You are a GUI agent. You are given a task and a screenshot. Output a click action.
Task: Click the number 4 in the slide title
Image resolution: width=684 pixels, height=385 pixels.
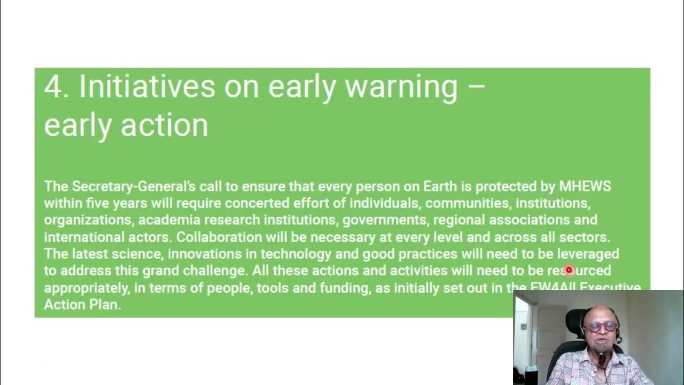53,86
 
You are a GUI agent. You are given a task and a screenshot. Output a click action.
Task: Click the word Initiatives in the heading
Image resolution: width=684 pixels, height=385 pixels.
147,86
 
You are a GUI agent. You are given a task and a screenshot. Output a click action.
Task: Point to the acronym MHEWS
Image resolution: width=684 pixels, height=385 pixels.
585,187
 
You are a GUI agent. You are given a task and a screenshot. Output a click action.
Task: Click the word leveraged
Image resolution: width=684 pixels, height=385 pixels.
588,253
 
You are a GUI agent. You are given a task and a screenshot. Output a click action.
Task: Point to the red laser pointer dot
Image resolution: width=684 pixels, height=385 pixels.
569,270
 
